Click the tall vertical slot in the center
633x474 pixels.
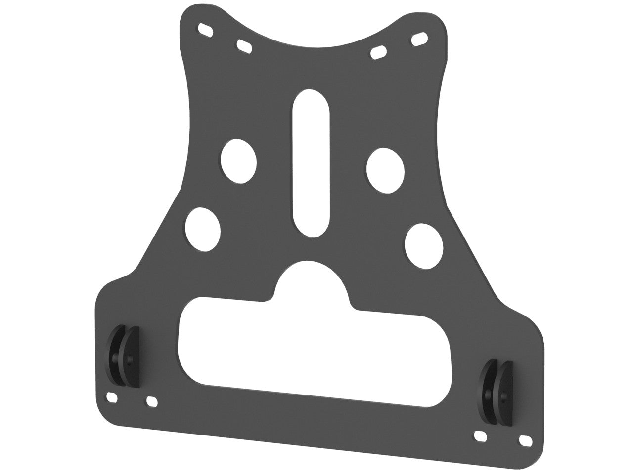coord(311,163)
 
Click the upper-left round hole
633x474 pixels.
coord(239,160)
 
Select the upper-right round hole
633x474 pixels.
coord(386,170)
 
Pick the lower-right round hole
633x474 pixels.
coord(424,245)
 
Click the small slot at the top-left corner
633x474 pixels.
coord(206,29)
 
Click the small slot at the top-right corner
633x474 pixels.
coord(419,39)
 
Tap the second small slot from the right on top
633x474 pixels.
coord(378,51)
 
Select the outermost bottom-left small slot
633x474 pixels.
coord(112,396)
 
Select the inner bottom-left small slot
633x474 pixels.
coord(152,401)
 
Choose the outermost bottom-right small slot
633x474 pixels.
coord(524,439)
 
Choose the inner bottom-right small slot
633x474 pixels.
coord(480,436)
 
